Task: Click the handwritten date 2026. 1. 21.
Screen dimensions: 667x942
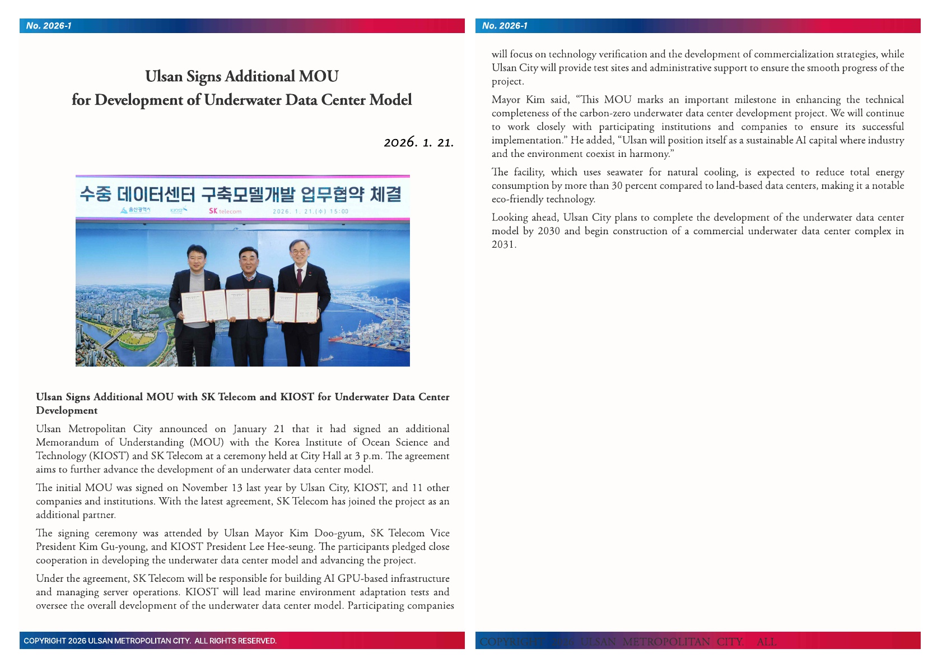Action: click(418, 142)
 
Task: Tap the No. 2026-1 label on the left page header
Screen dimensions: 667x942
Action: click(49, 26)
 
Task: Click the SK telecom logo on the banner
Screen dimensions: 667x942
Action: click(225, 211)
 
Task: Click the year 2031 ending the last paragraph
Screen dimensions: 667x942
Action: click(503, 244)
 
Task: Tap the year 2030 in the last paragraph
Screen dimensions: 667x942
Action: click(548, 231)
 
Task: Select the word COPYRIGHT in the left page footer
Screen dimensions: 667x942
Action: click(45, 641)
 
